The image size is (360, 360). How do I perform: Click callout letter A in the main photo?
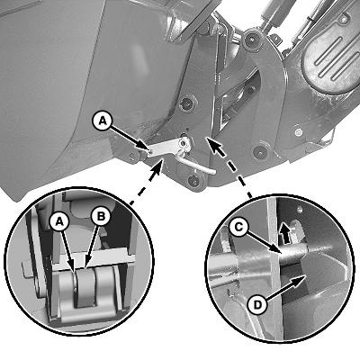103,121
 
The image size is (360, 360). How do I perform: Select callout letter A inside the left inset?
59,222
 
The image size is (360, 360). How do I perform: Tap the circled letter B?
101,216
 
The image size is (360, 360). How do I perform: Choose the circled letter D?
257,305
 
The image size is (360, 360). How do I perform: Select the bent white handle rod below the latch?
195,165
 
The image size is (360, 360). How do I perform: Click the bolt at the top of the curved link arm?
251,39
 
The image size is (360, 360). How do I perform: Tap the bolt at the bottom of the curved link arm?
259,152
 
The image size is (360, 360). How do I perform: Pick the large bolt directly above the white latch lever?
186,104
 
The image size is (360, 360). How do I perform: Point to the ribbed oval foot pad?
330,56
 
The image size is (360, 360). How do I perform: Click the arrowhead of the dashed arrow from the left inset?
158,166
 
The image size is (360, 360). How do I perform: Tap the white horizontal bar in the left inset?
93,258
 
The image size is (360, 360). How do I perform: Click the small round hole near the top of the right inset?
299,208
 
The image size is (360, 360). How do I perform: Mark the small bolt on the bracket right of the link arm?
298,131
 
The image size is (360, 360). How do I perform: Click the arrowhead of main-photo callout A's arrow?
145,147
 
